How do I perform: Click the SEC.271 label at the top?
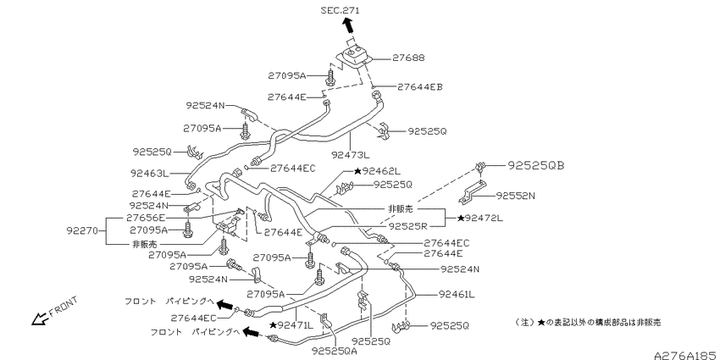(x=341, y=10)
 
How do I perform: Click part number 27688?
(x=408, y=58)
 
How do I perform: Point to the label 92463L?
(x=149, y=174)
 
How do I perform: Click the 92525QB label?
(x=536, y=166)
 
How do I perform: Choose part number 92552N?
(x=516, y=196)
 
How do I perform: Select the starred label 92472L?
(x=479, y=219)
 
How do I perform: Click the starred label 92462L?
(x=378, y=172)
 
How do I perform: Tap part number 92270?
(x=82, y=231)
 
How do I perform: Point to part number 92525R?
(x=407, y=226)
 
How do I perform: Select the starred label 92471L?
(x=291, y=325)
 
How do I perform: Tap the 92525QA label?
(x=335, y=352)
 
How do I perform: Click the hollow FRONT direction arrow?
(x=40, y=318)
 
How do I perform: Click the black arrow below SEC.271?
(x=349, y=25)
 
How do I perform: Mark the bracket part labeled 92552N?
(x=473, y=192)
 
